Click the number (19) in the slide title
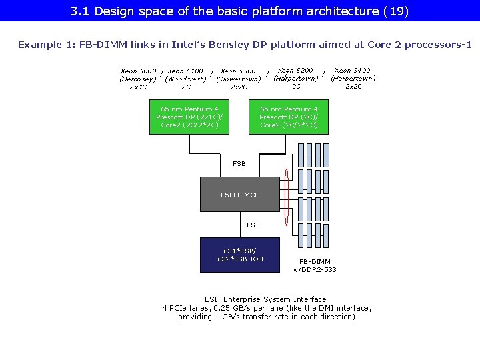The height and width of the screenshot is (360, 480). pyautogui.click(x=396, y=11)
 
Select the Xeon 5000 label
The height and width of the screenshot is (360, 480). pyautogui.click(x=138, y=71)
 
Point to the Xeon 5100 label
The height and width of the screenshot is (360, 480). pyautogui.click(x=185, y=71)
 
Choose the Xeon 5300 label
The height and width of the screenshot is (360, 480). pyautogui.click(x=238, y=71)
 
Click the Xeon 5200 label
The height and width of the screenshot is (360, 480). pyautogui.click(x=295, y=70)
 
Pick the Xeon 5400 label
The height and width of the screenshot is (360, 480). pyautogui.click(x=353, y=70)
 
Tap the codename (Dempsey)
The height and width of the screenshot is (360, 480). pyautogui.click(x=137, y=79)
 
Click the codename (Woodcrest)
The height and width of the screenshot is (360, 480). pyautogui.click(x=185, y=79)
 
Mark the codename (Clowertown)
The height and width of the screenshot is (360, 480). pyautogui.click(x=238, y=79)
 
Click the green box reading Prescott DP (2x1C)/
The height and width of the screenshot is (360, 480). pyautogui.click(x=189, y=117)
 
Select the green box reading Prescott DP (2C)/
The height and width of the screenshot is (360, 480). pyautogui.click(x=289, y=117)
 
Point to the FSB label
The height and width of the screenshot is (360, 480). pyautogui.click(x=239, y=163)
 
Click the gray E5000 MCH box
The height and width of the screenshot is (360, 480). pyautogui.click(x=241, y=195)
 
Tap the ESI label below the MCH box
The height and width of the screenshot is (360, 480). pyautogui.click(x=253, y=225)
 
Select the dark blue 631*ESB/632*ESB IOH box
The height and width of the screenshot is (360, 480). pyautogui.click(x=241, y=255)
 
